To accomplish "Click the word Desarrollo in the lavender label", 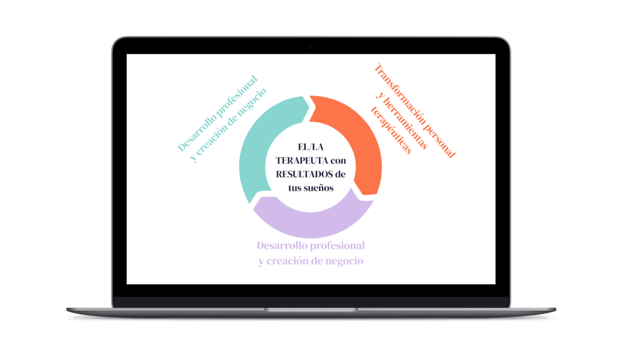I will (280, 245).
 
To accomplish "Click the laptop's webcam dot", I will (311, 47).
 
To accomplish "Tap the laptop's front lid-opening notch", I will (311, 308).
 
